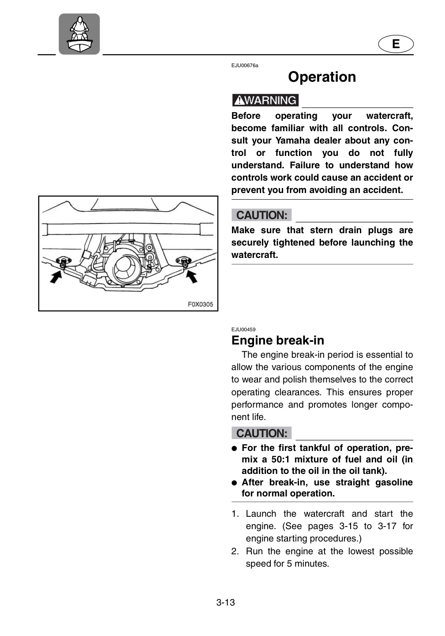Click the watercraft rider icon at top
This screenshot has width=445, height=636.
click(x=79, y=34)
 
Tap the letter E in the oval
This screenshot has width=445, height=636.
click(x=396, y=44)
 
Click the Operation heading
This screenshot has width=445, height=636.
click(x=322, y=77)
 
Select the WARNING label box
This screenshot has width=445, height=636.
click(x=266, y=100)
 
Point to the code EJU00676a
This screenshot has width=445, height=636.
click(x=245, y=65)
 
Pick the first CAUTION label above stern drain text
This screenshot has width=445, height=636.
click(x=262, y=215)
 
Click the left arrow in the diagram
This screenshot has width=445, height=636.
click(x=56, y=276)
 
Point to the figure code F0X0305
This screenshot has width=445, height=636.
click(x=200, y=304)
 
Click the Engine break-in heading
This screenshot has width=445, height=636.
click(x=278, y=341)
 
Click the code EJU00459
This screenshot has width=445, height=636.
click(x=243, y=329)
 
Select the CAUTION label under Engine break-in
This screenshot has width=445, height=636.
click(x=262, y=433)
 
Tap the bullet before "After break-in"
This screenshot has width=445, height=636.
click(x=234, y=483)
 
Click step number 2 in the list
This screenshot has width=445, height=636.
click(x=235, y=551)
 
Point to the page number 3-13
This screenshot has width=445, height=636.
click(x=226, y=602)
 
